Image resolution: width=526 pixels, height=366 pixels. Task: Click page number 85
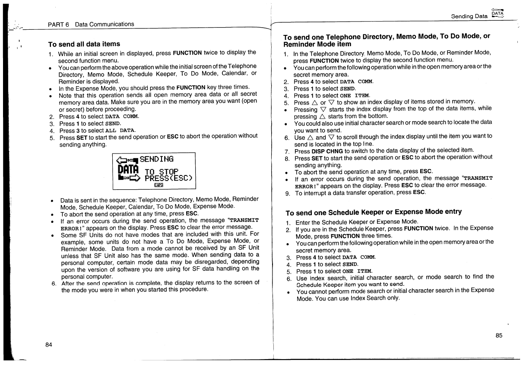499,336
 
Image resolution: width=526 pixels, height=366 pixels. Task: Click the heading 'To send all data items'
84,44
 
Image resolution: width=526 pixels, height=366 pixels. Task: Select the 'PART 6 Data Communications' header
91,24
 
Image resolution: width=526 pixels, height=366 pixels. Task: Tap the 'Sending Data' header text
469,16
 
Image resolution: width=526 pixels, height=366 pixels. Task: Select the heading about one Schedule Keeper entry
374,212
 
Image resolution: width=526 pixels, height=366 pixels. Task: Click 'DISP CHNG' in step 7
327,151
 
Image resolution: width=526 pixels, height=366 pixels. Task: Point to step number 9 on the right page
287,193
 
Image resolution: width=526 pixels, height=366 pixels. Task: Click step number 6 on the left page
54,283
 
